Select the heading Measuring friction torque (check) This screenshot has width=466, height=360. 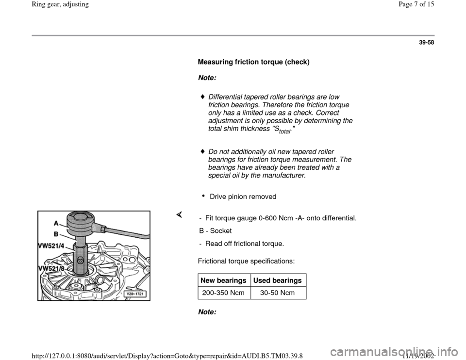pos(253,63)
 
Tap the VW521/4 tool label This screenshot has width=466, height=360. pos(52,246)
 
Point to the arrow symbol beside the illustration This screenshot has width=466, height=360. pos(179,214)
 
